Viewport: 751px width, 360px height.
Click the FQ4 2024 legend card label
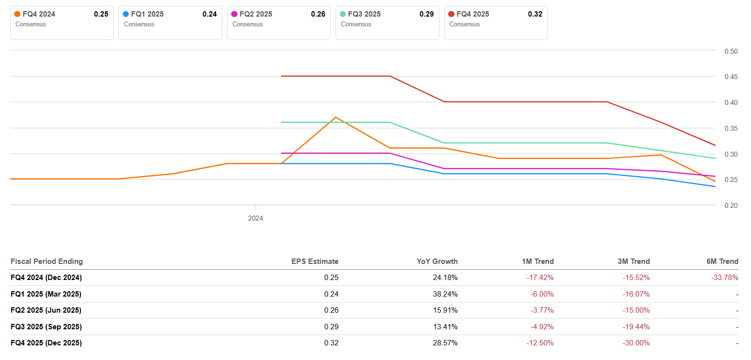pos(39,14)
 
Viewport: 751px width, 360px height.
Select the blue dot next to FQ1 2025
pos(126,14)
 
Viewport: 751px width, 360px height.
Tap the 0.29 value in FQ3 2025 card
pos(426,14)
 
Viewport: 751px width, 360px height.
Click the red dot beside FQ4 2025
pos(451,14)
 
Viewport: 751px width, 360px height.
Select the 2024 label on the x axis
pos(255,218)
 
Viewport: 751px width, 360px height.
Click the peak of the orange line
pos(336,117)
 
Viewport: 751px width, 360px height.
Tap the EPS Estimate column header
pos(315,261)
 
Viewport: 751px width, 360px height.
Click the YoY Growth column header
pos(437,261)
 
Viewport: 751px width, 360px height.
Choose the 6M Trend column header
pos(722,261)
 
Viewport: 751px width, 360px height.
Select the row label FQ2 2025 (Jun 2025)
pos(46,310)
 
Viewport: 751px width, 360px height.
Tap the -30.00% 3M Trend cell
pos(636,343)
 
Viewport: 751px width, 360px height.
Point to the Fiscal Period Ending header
pos(47,261)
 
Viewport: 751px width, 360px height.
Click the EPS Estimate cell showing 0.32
pos(331,343)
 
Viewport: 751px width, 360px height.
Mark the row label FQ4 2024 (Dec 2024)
pos(46,278)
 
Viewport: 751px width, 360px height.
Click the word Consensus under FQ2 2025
pos(247,24)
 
